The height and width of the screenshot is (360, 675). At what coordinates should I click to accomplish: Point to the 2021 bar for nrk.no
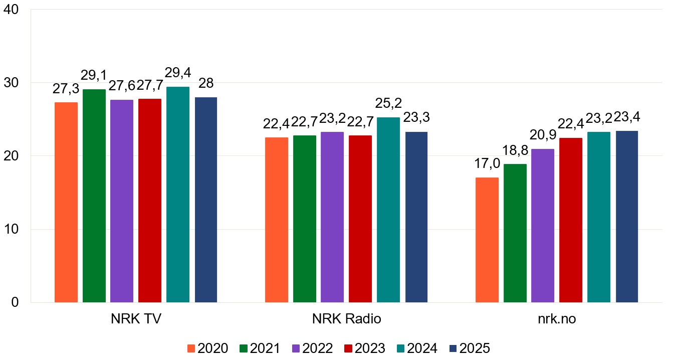(515, 233)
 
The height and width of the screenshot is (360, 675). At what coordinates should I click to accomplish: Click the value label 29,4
(178, 73)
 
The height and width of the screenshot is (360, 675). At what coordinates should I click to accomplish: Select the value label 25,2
(388, 104)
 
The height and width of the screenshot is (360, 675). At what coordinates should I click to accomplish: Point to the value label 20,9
(543, 136)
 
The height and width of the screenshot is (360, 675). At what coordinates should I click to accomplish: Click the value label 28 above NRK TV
(206, 84)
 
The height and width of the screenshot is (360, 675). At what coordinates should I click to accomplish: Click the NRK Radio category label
(346, 319)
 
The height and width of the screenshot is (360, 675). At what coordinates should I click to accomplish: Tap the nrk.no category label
(557, 319)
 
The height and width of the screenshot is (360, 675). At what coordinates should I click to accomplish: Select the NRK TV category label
(136, 319)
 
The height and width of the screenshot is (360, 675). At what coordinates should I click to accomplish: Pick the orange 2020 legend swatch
(191, 348)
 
